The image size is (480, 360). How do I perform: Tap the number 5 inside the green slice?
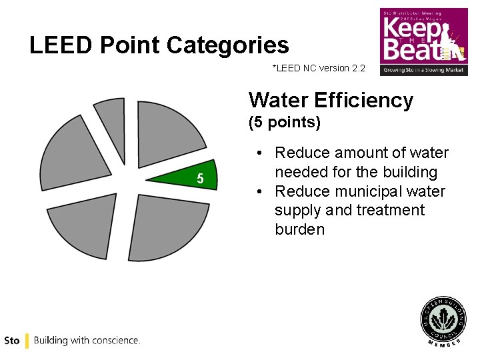tap(199, 179)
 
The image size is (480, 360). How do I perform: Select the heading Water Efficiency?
tap(331, 100)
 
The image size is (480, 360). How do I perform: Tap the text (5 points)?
tap(285, 123)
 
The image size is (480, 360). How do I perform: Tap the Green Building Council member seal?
tap(442, 320)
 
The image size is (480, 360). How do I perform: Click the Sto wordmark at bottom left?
tap(11, 340)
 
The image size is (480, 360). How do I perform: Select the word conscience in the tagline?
tap(114, 340)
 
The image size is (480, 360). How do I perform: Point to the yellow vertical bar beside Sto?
tap(27, 340)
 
